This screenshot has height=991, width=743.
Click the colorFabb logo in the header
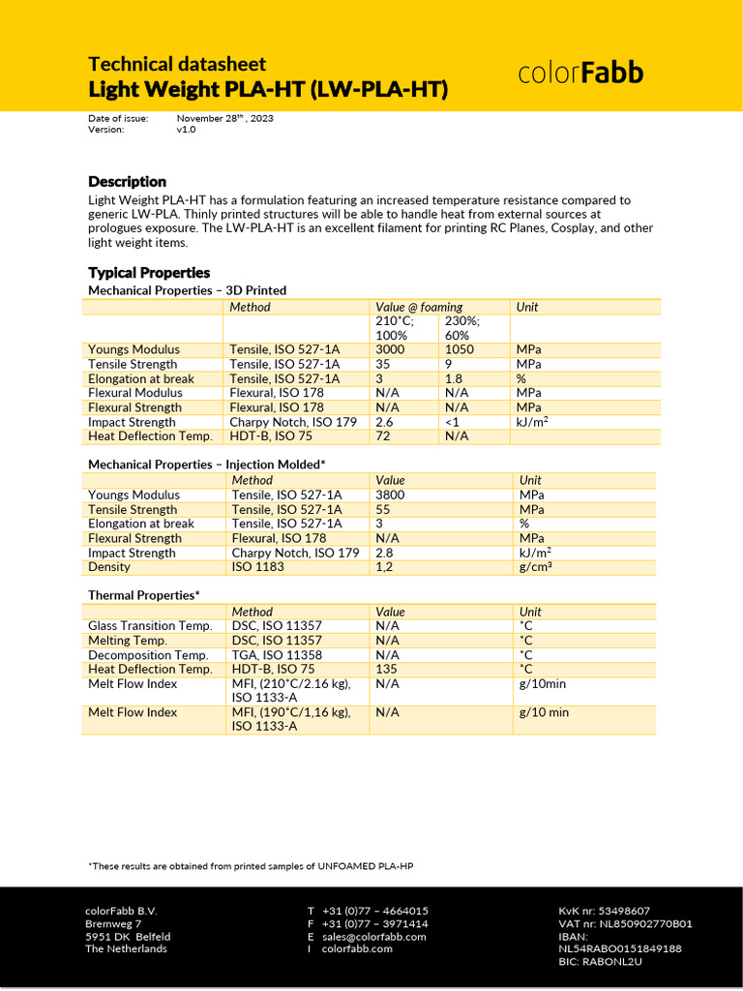pos(580,74)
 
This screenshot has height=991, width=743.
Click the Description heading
pos(127,182)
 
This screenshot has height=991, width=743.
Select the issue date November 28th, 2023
pos(224,118)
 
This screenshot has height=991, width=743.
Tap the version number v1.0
pos(186,130)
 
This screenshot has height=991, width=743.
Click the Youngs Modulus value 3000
pos(390,349)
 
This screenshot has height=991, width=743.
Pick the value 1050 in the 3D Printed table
pos(459,349)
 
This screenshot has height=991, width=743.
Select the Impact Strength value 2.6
pos(384,422)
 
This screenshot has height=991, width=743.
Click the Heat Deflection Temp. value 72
pos(383,436)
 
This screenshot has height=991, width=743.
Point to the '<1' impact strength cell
pos(452,422)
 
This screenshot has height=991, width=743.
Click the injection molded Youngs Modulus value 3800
pos(390,495)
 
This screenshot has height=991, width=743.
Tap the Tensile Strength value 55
pos(383,509)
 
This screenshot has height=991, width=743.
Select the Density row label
pos(109,567)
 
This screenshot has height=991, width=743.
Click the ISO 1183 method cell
pos(258,567)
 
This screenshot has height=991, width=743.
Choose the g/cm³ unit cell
pos(535,567)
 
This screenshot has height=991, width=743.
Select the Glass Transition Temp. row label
pos(150,626)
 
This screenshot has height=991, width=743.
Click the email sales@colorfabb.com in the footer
pos(373,937)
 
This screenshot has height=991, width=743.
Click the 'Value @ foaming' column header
pos(419,307)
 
